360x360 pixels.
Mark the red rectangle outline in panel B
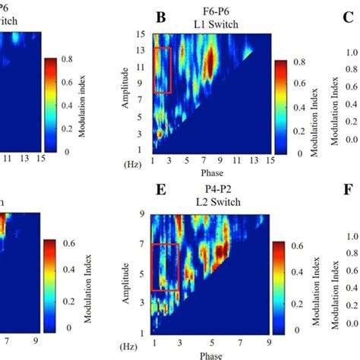tap(163, 70)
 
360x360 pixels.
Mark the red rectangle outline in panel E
tap(166, 267)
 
